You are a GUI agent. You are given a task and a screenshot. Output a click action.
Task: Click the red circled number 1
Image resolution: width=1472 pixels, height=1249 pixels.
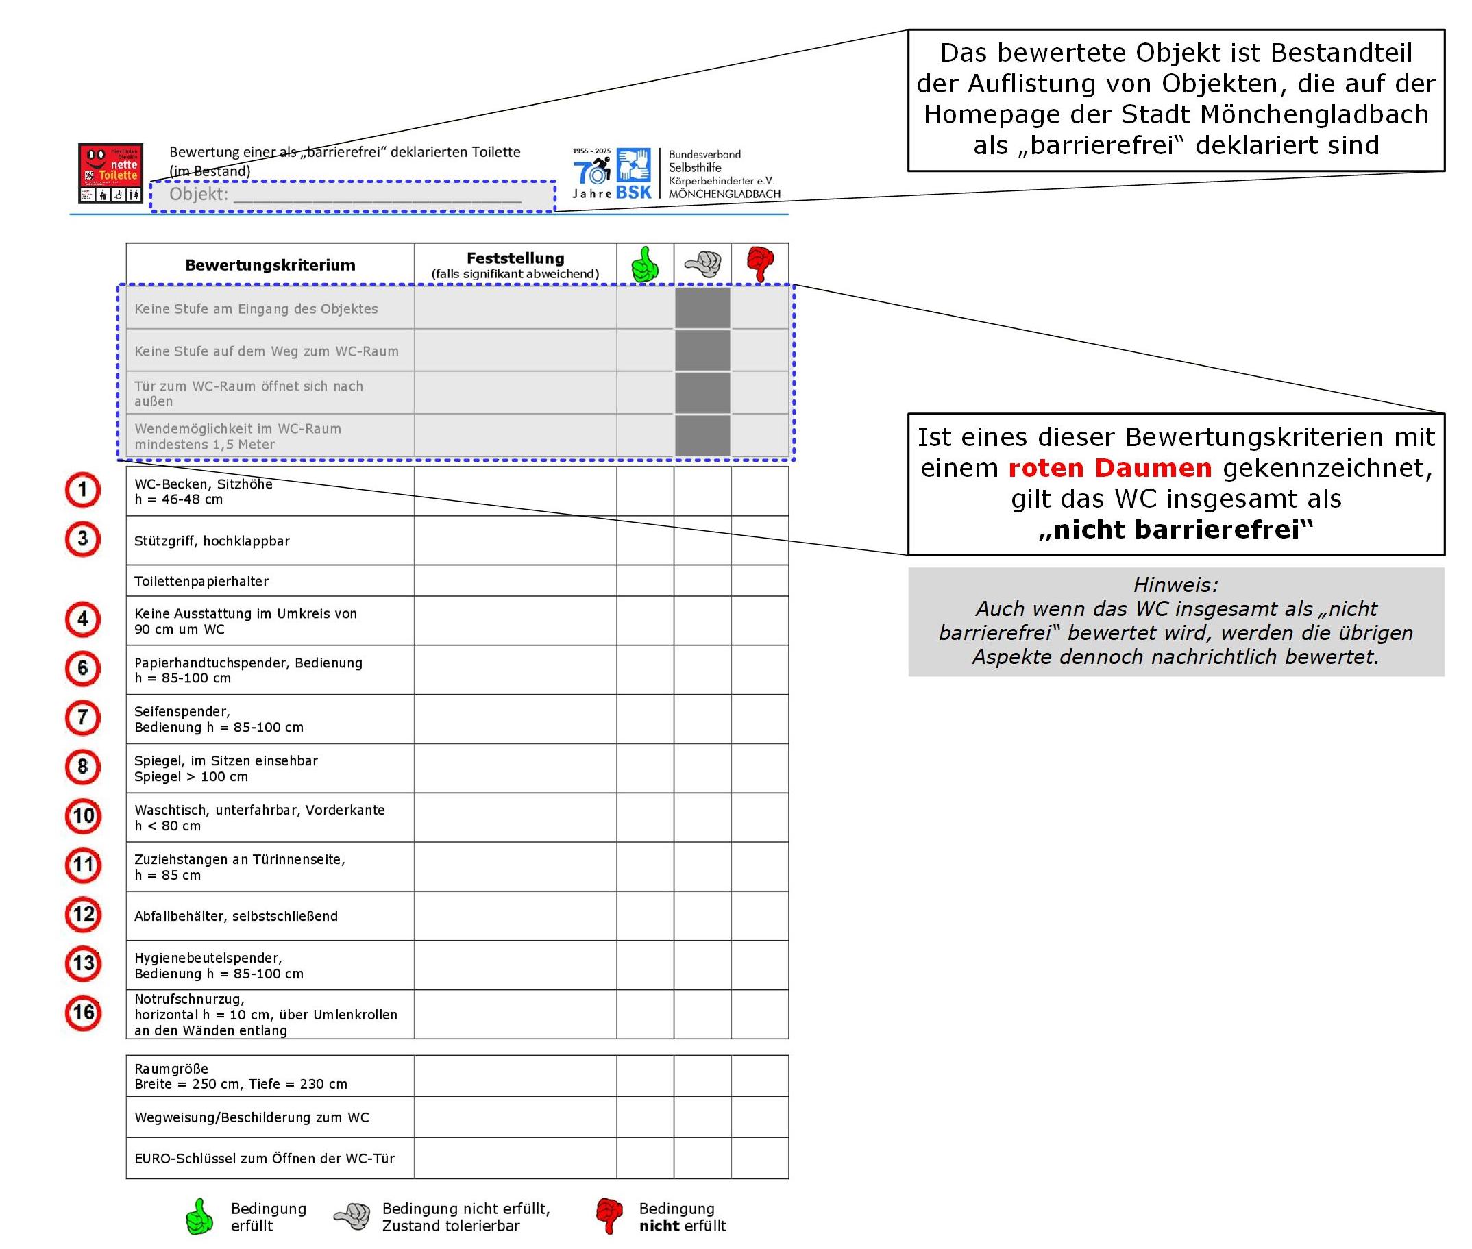(83, 490)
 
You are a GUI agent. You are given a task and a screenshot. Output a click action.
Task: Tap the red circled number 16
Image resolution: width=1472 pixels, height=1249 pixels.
(83, 1013)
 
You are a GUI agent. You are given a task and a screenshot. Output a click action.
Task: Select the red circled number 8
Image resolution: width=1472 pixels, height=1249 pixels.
(83, 767)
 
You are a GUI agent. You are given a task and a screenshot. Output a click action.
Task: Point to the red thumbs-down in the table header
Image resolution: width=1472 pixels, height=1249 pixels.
(760, 264)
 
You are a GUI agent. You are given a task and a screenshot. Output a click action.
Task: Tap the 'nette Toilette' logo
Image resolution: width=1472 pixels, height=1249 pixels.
(110, 173)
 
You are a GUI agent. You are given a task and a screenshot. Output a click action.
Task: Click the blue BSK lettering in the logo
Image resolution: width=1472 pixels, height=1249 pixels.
(633, 193)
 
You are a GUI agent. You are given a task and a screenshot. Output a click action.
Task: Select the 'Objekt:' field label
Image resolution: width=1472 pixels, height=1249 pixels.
(198, 194)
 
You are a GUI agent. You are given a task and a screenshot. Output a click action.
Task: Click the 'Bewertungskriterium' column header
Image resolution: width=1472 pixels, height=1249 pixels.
(270, 266)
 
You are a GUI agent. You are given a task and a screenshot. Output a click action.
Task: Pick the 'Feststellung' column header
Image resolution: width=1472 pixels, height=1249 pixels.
(515, 258)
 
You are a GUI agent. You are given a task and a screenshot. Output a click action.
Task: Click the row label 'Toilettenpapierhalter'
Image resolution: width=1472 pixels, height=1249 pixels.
(201, 581)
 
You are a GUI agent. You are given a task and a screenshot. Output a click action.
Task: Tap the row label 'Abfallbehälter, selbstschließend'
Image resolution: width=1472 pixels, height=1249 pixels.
(236, 916)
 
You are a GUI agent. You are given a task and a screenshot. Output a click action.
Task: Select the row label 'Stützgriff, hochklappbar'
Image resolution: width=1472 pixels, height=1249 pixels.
(212, 541)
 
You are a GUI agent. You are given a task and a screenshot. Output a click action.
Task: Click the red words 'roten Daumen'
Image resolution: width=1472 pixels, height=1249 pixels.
(1109, 468)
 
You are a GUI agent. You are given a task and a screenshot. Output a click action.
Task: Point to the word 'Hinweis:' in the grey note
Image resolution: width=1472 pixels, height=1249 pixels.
(1175, 585)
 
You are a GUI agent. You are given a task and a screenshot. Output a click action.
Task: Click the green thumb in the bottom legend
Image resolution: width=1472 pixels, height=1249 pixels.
(199, 1216)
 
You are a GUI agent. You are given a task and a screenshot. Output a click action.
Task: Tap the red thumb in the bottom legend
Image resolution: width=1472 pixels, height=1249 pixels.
(609, 1216)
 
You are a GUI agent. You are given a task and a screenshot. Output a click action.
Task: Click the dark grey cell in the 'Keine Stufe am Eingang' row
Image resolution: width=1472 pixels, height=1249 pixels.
(702, 308)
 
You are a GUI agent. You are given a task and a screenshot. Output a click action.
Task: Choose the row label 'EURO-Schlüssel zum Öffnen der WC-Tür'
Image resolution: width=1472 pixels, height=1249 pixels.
(264, 1159)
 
